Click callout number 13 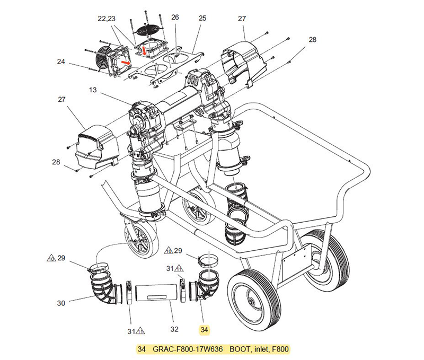click(92, 90)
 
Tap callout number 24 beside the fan click(61, 62)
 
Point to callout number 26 click(175, 17)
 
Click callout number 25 click(202, 18)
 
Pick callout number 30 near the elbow click(61, 303)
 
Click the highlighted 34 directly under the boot click(205, 330)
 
